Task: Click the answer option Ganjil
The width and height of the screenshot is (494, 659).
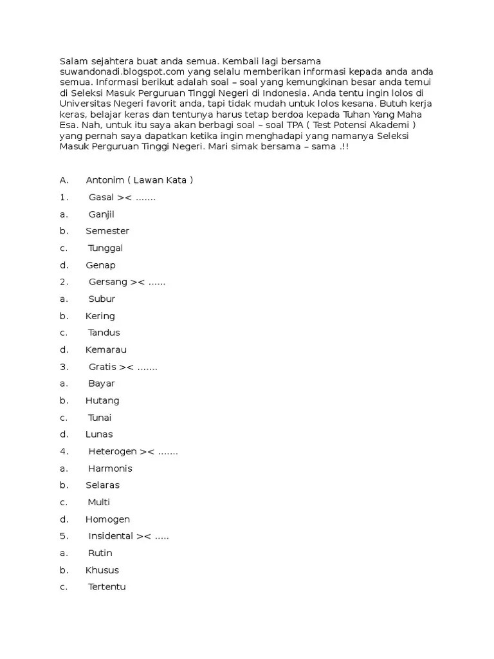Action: pos(101,214)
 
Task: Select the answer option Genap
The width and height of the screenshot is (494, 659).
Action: pos(100,265)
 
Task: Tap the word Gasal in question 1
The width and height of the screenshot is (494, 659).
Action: pos(101,197)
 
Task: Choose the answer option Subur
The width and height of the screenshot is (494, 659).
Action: pos(102,299)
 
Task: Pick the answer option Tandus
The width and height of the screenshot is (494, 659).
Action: pos(104,333)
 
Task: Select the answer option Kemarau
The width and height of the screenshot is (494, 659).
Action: pos(106,349)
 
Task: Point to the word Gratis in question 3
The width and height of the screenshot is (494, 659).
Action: pos(102,367)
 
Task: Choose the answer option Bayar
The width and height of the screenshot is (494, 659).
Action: pos(102,384)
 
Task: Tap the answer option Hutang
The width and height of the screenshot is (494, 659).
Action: pos(102,400)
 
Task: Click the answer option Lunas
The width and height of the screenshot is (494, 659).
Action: pos(99,434)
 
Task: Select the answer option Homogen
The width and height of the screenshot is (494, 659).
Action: pos(107,519)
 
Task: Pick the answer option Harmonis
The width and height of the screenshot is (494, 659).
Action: pos(110,469)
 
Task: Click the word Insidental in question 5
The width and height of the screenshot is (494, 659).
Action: pos(111,536)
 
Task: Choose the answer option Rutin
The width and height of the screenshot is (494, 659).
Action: pos(100,553)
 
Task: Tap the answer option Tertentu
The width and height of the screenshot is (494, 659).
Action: pos(107,587)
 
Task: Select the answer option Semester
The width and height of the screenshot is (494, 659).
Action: pos(107,231)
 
